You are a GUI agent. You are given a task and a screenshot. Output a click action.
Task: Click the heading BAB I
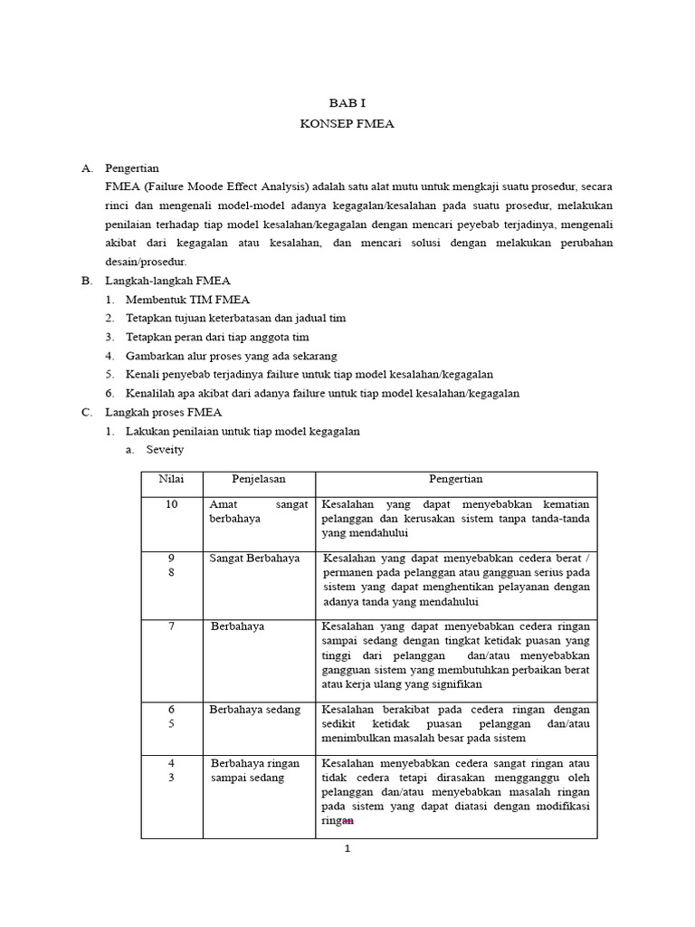(347, 105)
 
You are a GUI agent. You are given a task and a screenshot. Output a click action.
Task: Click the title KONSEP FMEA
(347, 124)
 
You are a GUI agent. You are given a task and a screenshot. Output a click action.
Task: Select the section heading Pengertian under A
(132, 168)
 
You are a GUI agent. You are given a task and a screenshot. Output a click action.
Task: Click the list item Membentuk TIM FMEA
(187, 300)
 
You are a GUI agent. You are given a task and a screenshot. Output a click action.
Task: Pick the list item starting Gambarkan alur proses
(244, 356)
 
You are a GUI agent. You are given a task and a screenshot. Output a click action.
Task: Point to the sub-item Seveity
(165, 450)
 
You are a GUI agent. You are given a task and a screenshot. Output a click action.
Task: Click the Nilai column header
(171, 479)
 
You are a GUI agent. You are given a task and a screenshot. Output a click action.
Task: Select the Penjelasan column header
(258, 479)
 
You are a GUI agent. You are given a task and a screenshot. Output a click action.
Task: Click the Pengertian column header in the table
(455, 479)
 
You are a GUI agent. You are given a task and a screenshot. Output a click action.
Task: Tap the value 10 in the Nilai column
(171, 504)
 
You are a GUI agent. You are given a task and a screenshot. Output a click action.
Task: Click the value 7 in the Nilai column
(171, 626)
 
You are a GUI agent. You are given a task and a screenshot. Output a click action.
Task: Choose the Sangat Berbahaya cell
(254, 558)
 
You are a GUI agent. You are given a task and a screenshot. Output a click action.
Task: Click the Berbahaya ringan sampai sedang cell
(253, 770)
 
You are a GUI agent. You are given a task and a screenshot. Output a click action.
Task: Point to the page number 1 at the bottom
(347, 849)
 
